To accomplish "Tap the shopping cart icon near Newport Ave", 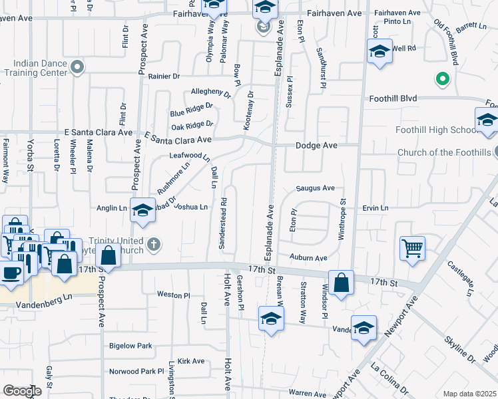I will click(x=413, y=248).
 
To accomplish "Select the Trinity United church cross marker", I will click(x=154, y=244).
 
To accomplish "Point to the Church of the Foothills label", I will click(x=445, y=152).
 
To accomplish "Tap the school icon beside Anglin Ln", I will click(x=142, y=210).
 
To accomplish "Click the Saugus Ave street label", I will click(x=315, y=188).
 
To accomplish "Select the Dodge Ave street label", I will click(x=318, y=145).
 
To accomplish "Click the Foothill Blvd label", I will click(x=393, y=98).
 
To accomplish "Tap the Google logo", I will click(x=23, y=391).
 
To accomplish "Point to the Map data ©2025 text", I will click(x=469, y=394).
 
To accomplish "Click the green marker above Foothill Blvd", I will click(x=441, y=80).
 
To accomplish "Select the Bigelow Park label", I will click(x=130, y=346).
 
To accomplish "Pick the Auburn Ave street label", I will click(x=308, y=257).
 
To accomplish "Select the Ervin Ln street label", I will click(x=375, y=208).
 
